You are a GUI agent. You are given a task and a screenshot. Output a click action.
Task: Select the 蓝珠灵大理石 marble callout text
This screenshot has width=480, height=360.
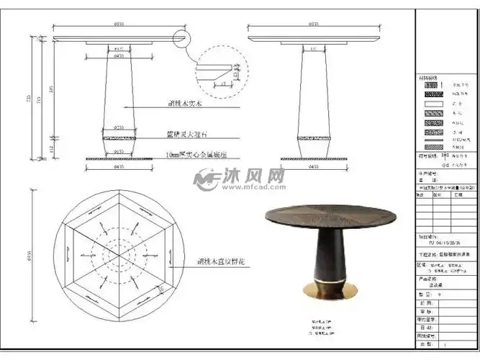click(186, 134)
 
